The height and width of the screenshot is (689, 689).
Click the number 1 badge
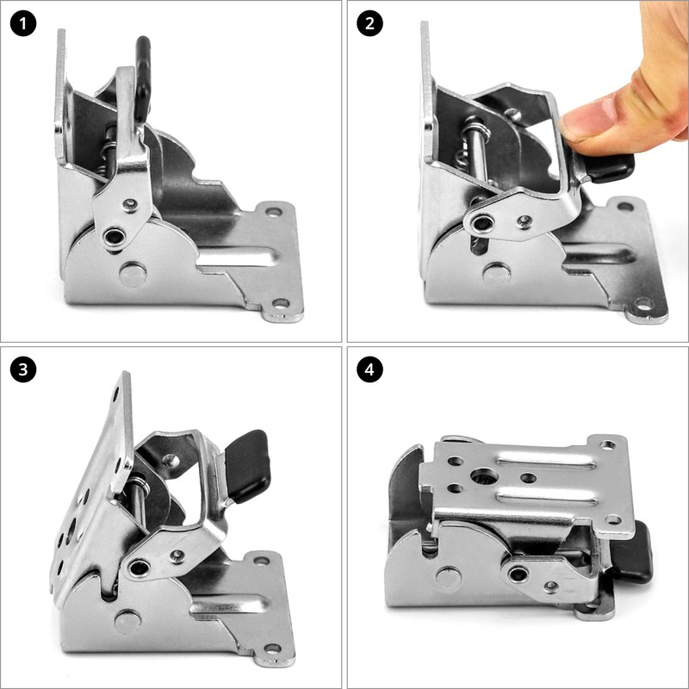(x=24, y=23)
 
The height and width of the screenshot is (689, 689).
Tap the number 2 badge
(x=370, y=23)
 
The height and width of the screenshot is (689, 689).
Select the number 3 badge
(x=24, y=370)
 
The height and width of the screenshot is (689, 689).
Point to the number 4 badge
(x=370, y=370)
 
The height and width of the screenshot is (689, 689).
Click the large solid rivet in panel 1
(x=133, y=274)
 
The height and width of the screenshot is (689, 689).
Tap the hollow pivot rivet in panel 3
(x=138, y=568)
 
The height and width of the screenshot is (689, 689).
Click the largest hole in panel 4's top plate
(x=484, y=475)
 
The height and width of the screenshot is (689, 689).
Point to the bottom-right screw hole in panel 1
(x=281, y=304)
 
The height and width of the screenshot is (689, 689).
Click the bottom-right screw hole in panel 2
(x=642, y=304)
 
